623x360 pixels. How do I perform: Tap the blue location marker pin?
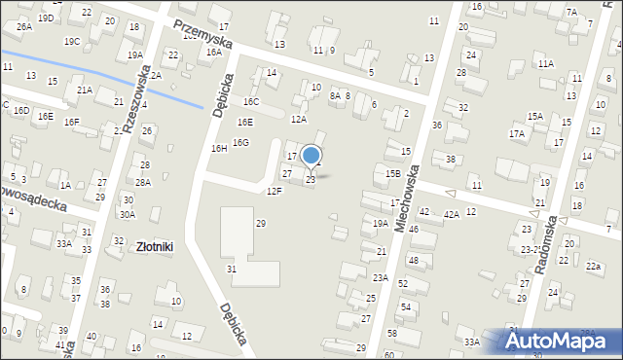click(311, 156)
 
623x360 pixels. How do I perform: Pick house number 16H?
click(219, 148)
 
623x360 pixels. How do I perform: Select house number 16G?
click(240, 142)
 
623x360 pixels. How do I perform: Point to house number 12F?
click(275, 191)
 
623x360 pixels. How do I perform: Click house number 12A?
click(299, 119)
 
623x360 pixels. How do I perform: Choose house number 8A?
click(335, 95)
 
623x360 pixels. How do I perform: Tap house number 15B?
click(392, 173)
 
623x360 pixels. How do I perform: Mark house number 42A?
click(451, 214)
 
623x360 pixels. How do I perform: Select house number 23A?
click(380, 277)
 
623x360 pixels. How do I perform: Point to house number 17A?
click(516, 133)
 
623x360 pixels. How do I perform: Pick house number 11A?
click(546, 63)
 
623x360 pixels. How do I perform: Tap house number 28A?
click(143, 182)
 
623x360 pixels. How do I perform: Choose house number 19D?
click(46, 18)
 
